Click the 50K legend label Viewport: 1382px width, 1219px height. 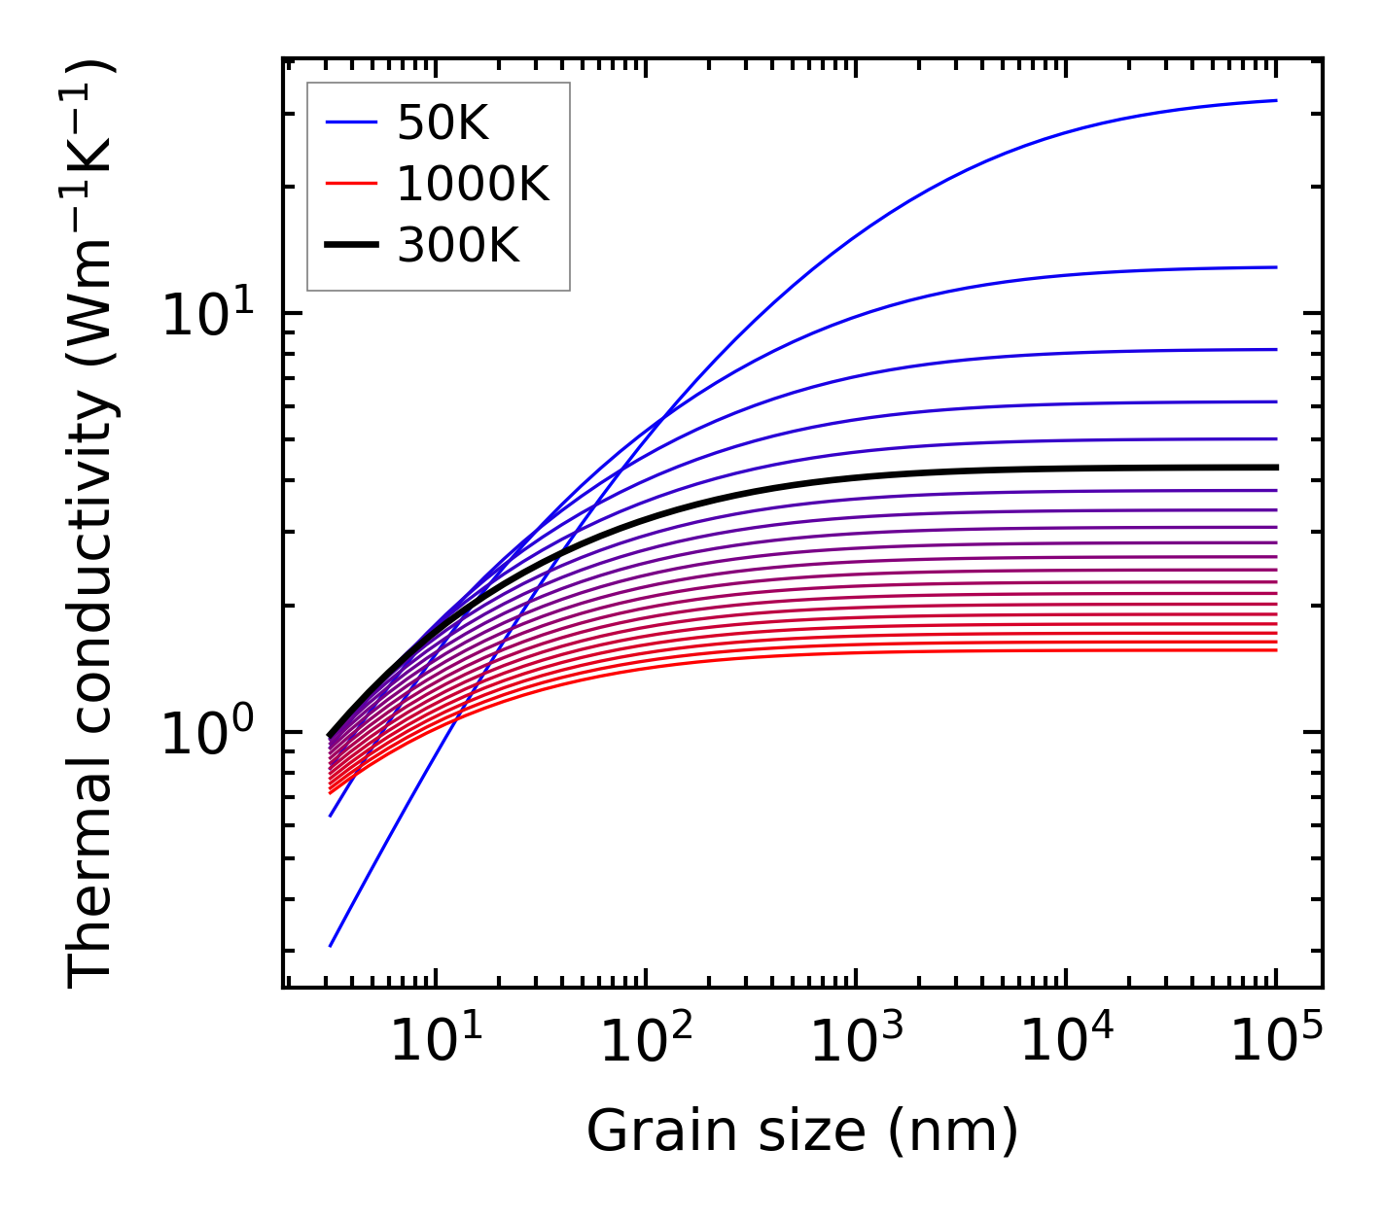443,122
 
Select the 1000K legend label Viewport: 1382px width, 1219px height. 473,184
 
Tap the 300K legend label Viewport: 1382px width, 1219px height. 458,246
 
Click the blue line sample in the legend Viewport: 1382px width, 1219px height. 350,122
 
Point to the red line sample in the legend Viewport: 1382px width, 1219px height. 350,184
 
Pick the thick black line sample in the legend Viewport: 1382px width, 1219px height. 350,246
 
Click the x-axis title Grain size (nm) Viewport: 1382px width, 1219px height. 802,1132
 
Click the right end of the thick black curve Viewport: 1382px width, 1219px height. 1275,468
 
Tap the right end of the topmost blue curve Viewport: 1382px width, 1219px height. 1275,100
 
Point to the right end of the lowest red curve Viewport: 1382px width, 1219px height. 1275,649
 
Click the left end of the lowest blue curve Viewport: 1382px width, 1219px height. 332,945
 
